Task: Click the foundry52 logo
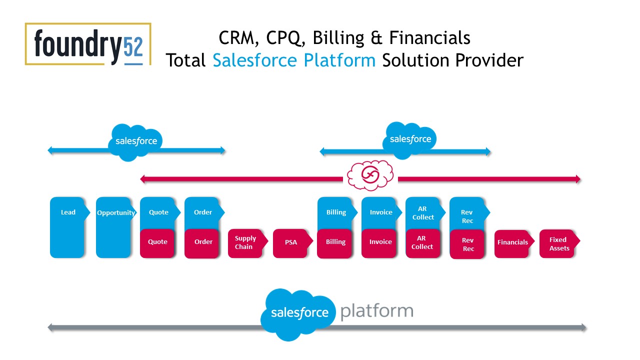coord(88,44)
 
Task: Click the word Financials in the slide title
coord(429,38)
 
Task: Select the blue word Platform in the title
coord(339,60)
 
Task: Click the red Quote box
coord(157,243)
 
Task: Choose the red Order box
coord(202,243)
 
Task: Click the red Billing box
coord(334,243)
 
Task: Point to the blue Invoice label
coord(381,212)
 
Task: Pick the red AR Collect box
coord(423,243)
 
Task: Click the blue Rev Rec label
coord(467,216)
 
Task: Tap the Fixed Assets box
coord(559,243)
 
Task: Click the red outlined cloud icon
coord(370,175)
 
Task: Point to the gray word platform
coord(377,310)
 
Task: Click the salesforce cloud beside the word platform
coord(298,314)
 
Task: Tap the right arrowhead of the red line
coord(578,179)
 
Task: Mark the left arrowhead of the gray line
coord(50,327)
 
